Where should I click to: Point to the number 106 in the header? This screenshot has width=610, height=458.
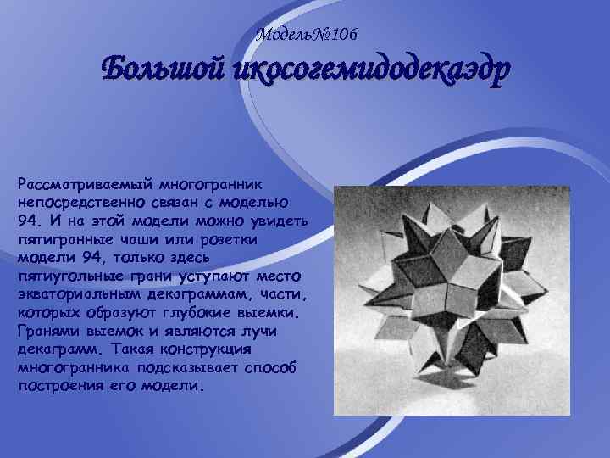pyautogui.click(x=343, y=35)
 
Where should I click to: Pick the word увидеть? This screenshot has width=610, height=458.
pyautogui.click(x=282, y=222)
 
